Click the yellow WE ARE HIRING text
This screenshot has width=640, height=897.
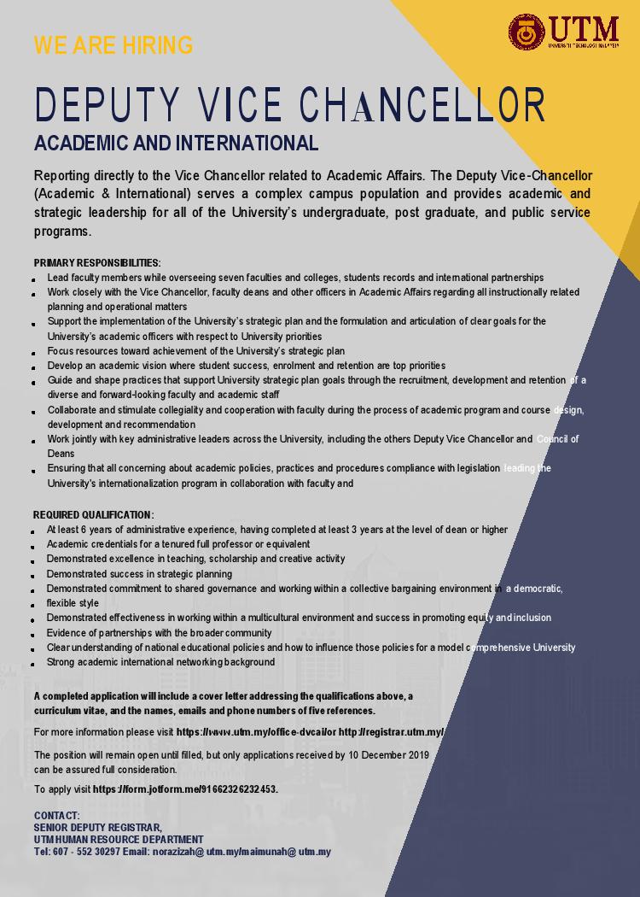[113, 45]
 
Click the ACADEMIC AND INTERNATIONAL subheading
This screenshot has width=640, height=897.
[176, 143]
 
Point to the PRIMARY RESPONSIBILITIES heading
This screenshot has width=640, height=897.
[97, 263]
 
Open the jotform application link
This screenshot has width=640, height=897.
[185, 789]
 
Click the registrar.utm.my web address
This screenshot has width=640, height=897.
[391, 733]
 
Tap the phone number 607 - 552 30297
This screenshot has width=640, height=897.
[85, 852]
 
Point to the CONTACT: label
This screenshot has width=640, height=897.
[57, 816]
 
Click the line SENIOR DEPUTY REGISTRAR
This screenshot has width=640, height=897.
[98, 828]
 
